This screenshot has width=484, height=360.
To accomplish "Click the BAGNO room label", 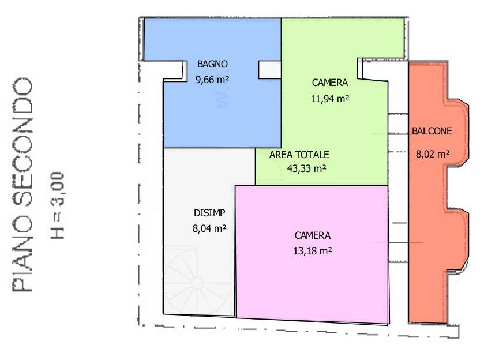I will coord(212,64).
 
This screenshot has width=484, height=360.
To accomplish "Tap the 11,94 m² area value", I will coord(330,98).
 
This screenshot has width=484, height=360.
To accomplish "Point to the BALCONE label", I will coord(432,131).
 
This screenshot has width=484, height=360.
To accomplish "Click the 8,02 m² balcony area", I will coord(432,153).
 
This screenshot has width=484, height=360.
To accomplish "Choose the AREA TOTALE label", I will coord(299,155).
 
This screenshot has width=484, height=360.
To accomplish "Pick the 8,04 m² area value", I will coord(209,228).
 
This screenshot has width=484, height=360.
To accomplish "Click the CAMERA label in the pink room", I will coord(313,235).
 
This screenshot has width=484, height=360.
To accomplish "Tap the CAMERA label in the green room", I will coord(330,82).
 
